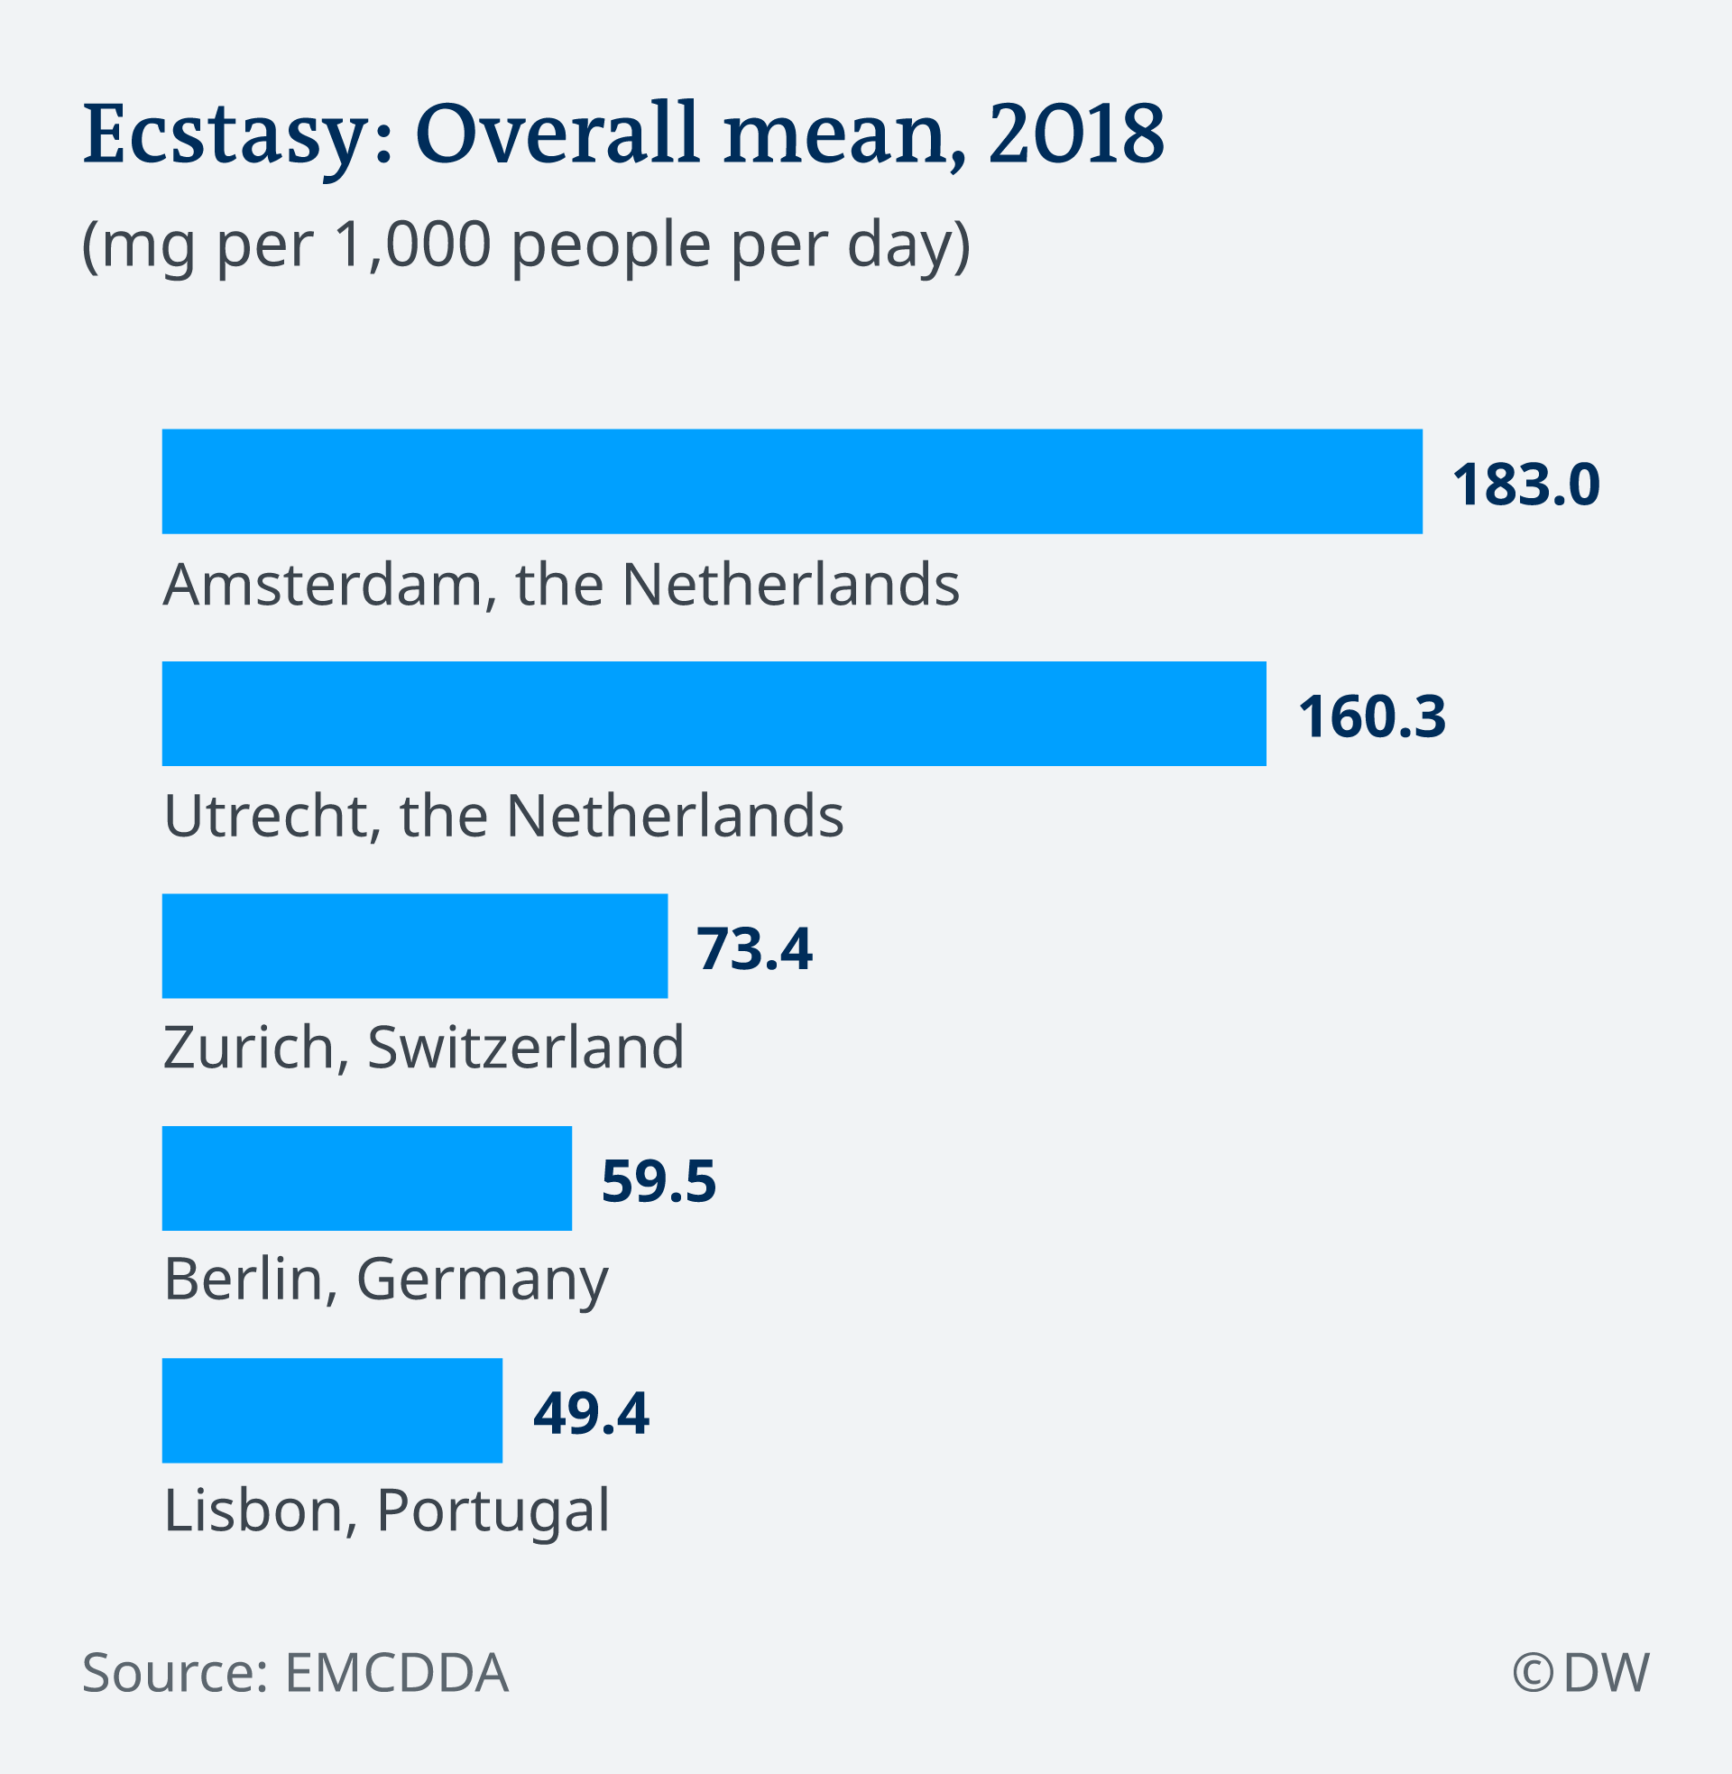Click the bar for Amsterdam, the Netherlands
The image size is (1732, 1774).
click(791, 481)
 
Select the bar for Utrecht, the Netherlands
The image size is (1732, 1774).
click(714, 713)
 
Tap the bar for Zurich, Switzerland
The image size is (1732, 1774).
click(415, 947)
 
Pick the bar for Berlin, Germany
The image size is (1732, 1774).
click(366, 1178)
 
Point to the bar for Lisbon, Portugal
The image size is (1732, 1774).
click(332, 1410)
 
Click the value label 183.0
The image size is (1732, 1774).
click(1525, 484)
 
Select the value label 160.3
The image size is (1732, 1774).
click(1372, 716)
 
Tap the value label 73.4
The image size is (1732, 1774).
click(754, 949)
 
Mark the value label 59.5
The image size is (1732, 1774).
click(659, 1181)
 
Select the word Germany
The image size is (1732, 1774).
click(482, 1281)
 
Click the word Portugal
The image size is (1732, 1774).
click(493, 1512)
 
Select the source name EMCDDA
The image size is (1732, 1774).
click(397, 1672)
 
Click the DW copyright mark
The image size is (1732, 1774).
click(1581, 1672)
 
